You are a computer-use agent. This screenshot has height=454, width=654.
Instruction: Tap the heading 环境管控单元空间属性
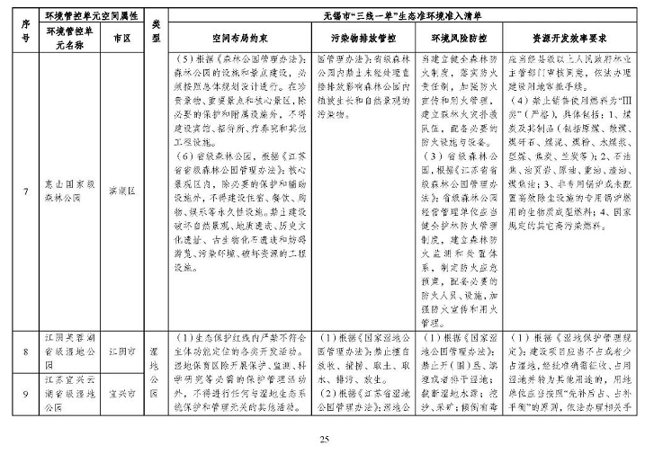pyautogui.click(x=90, y=16)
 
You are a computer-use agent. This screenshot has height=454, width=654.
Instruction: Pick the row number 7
pyautogui.click(x=25, y=191)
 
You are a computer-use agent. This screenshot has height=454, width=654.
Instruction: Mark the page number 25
pyautogui.click(x=326, y=439)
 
